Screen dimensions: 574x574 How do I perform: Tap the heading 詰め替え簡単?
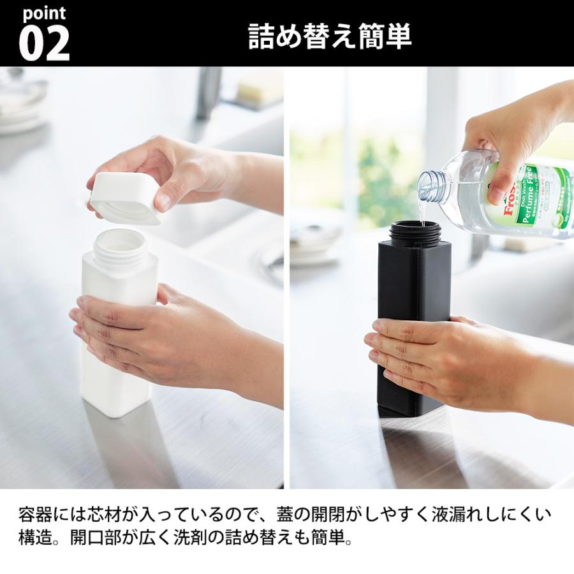(330, 37)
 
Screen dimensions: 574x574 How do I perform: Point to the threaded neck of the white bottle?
(121, 246)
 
